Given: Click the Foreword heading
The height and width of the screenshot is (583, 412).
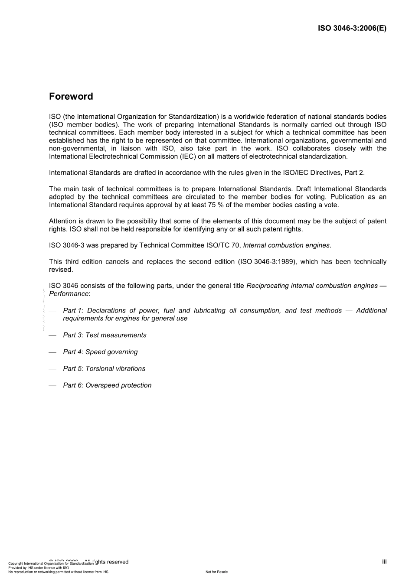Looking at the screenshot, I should (71, 96).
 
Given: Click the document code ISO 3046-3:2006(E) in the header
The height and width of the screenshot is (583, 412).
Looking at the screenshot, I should (352, 29).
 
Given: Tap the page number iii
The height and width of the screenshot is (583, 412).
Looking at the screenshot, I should (384, 561).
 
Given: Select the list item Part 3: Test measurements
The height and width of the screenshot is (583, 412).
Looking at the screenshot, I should (105, 335).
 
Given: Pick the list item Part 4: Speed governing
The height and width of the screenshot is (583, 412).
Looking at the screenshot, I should (100, 352).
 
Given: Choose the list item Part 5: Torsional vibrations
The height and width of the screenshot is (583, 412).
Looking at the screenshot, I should (104, 368).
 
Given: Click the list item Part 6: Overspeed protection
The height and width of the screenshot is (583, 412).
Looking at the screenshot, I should (107, 385).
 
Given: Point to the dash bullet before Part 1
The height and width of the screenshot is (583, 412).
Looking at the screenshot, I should (52, 311).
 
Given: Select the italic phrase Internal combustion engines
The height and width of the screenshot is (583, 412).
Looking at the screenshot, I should (286, 245).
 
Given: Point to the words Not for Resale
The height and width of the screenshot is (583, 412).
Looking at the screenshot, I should (216, 572).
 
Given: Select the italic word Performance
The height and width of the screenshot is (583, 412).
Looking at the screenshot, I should (69, 294).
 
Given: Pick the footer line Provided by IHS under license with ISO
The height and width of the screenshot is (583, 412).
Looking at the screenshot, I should (39, 567).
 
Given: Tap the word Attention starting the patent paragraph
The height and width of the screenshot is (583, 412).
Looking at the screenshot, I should (62, 221).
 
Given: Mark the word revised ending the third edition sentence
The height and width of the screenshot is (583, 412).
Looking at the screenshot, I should (61, 270).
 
